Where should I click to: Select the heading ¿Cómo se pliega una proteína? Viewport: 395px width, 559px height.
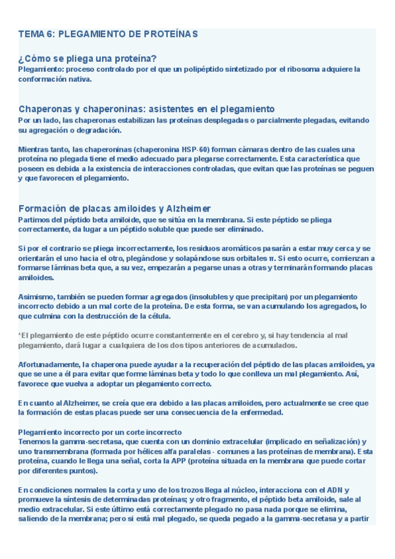(x=88, y=59)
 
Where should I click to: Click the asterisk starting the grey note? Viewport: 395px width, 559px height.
(x=20, y=335)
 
